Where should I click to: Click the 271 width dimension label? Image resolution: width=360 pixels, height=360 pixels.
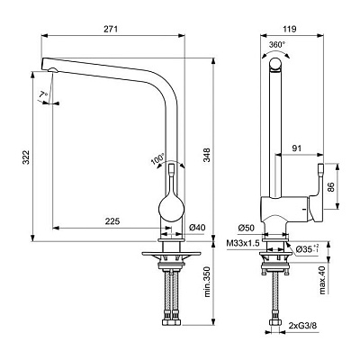(111, 29)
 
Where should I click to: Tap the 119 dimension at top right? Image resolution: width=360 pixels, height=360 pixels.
(290, 29)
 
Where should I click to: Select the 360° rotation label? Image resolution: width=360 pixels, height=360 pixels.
(277, 45)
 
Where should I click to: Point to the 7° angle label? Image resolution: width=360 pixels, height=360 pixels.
(43, 94)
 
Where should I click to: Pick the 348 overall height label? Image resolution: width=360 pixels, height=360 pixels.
(207, 155)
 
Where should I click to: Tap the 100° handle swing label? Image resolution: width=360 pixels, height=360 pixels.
(158, 159)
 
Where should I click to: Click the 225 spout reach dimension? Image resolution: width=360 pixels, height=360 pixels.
(112, 221)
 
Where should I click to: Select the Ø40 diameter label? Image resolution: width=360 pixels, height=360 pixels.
(197, 228)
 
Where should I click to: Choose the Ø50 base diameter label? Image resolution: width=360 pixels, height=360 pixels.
(246, 228)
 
